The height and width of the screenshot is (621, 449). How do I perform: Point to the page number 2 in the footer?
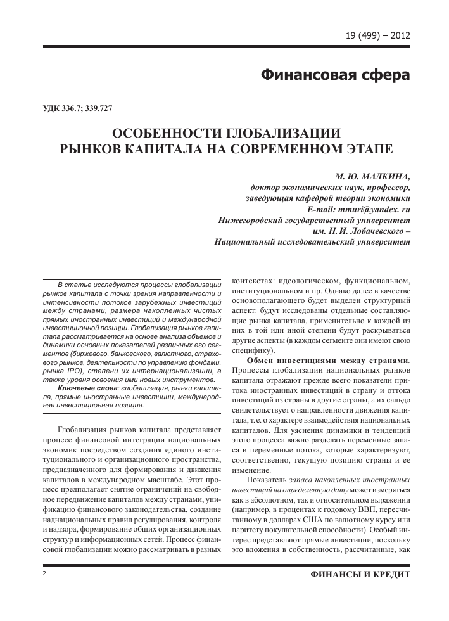tap(45, 573)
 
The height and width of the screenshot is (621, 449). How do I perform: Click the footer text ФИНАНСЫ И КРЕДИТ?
tap(357, 573)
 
